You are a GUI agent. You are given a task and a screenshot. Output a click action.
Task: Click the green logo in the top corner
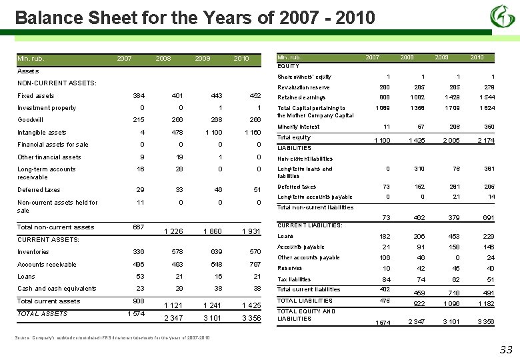(502, 16)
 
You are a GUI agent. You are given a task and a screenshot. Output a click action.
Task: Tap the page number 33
(506, 350)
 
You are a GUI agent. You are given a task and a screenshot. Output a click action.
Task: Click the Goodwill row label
(31, 120)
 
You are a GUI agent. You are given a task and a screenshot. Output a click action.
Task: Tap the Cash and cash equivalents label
(57, 289)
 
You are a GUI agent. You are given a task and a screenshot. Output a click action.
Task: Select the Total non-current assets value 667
(138, 227)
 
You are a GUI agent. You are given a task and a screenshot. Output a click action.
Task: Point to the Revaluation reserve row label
(303, 87)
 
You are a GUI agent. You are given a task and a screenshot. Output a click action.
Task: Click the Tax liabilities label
(294, 280)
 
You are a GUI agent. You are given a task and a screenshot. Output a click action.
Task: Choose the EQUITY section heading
(288, 66)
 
